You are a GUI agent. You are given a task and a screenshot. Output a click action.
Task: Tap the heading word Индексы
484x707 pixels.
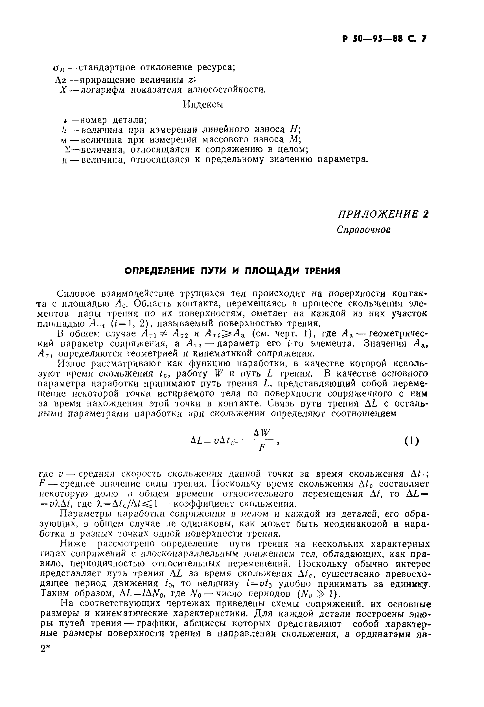click(203, 104)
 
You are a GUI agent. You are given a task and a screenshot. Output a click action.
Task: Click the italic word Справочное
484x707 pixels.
click(363, 229)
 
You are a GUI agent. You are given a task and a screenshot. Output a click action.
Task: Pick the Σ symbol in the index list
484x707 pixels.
click(66, 149)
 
